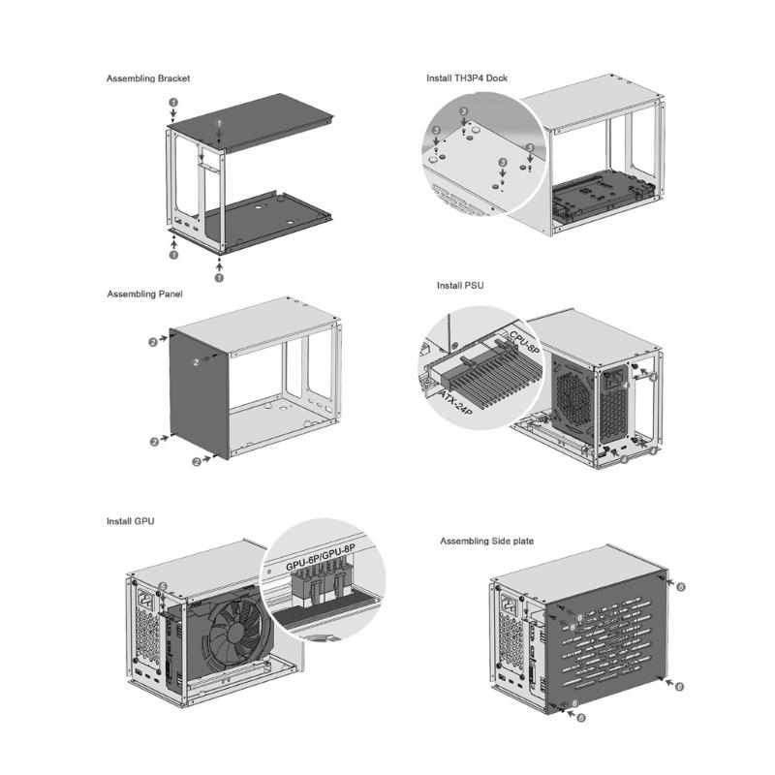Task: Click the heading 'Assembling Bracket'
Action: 147,77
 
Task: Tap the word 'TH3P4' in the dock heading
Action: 471,77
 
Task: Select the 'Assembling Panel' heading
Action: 144,293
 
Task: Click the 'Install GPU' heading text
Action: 130,521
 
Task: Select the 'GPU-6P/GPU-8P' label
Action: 321,565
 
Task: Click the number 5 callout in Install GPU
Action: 163,586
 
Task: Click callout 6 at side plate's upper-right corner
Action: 681,587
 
